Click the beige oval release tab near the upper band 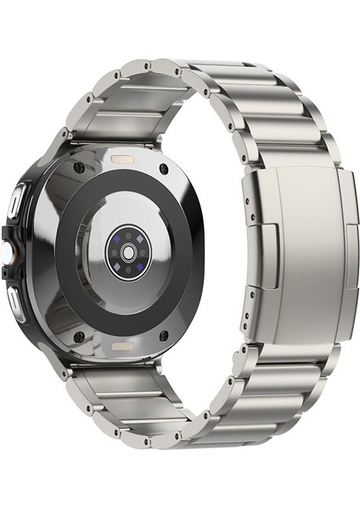pos(124,158)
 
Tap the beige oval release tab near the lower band pos(122,349)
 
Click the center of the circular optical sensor pos(128,252)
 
